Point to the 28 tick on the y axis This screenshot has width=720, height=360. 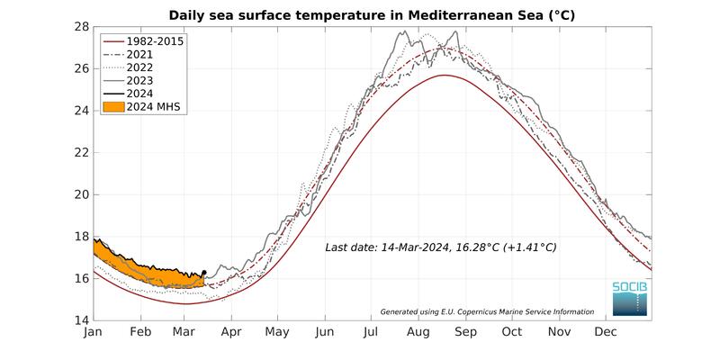tap(81, 27)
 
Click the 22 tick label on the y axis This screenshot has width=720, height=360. tap(81, 153)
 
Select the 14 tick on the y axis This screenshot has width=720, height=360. tap(81, 320)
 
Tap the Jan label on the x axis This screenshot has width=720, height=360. tap(94, 332)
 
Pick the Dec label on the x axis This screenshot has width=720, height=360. tap(605, 332)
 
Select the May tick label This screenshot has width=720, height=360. tap(277, 332)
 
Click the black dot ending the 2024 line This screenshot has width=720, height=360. tap(204, 272)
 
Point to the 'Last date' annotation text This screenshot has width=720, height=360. tap(441, 247)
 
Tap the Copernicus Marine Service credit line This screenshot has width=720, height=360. tap(487, 311)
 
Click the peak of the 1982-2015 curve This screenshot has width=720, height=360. tap(443, 76)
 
